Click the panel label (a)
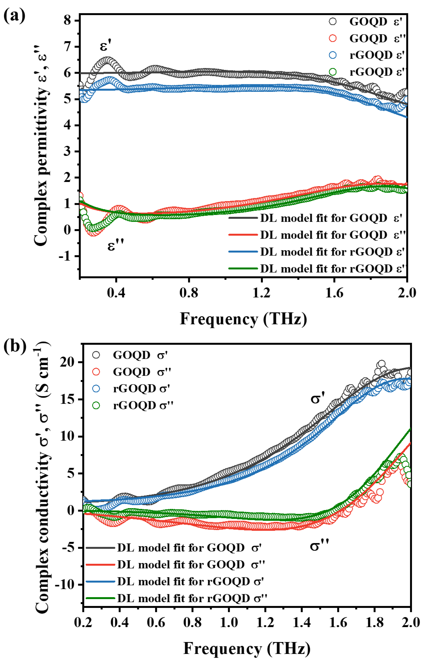14,16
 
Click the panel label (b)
14,347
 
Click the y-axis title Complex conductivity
43,478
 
